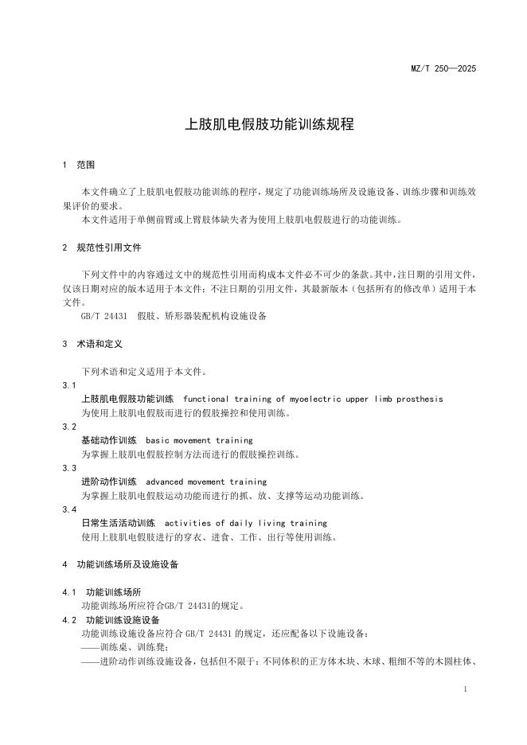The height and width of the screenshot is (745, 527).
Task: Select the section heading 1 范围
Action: (x=79, y=165)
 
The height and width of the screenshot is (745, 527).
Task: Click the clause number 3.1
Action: (x=68, y=384)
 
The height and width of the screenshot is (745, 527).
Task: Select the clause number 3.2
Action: (x=68, y=427)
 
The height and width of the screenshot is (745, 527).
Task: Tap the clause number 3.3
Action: (x=68, y=468)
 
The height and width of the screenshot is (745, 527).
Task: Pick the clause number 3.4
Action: (x=68, y=509)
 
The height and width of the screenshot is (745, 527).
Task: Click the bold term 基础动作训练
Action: (x=109, y=440)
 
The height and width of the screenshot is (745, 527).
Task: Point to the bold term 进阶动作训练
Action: (x=109, y=482)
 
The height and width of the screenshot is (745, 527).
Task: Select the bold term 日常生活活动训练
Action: (x=118, y=523)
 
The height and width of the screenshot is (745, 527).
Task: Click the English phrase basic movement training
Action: (x=199, y=440)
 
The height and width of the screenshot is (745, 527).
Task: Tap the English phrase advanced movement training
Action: (x=206, y=482)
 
